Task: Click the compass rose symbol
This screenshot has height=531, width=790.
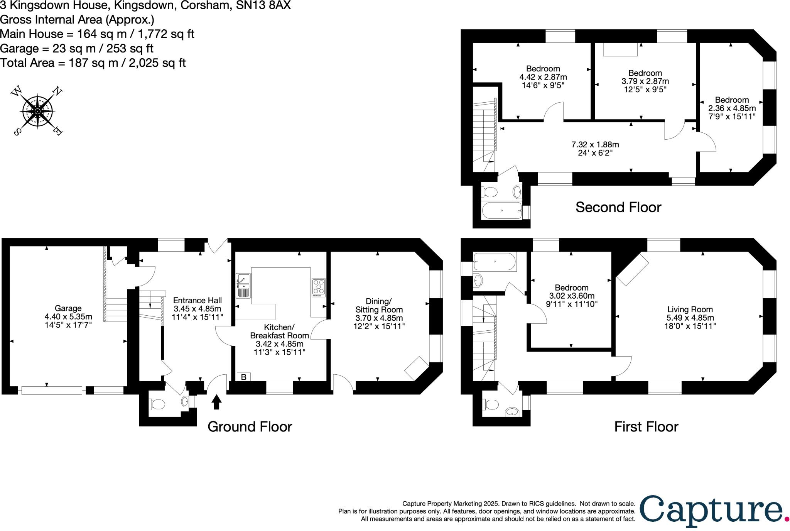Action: tap(37, 112)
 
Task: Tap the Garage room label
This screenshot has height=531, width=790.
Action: tap(68, 308)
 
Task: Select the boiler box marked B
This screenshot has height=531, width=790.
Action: tap(244, 377)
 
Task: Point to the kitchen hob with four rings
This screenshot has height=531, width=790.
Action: tap(319, 288)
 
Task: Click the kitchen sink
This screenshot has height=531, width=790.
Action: tap(244, 286)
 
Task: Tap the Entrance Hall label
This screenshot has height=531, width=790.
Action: tap(197, 300)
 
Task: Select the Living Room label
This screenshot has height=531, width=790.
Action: tap(690, 309)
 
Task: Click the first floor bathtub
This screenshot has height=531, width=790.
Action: tap(495, 262)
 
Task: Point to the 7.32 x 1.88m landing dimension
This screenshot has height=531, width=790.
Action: tap(595, 145)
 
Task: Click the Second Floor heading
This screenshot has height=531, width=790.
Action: tap(618, 207)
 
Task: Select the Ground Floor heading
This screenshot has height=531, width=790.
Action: tap(250, 426)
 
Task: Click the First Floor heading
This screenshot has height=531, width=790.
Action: tap(646, 426)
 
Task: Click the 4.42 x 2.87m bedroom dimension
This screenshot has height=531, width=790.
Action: tap(543, 77)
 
